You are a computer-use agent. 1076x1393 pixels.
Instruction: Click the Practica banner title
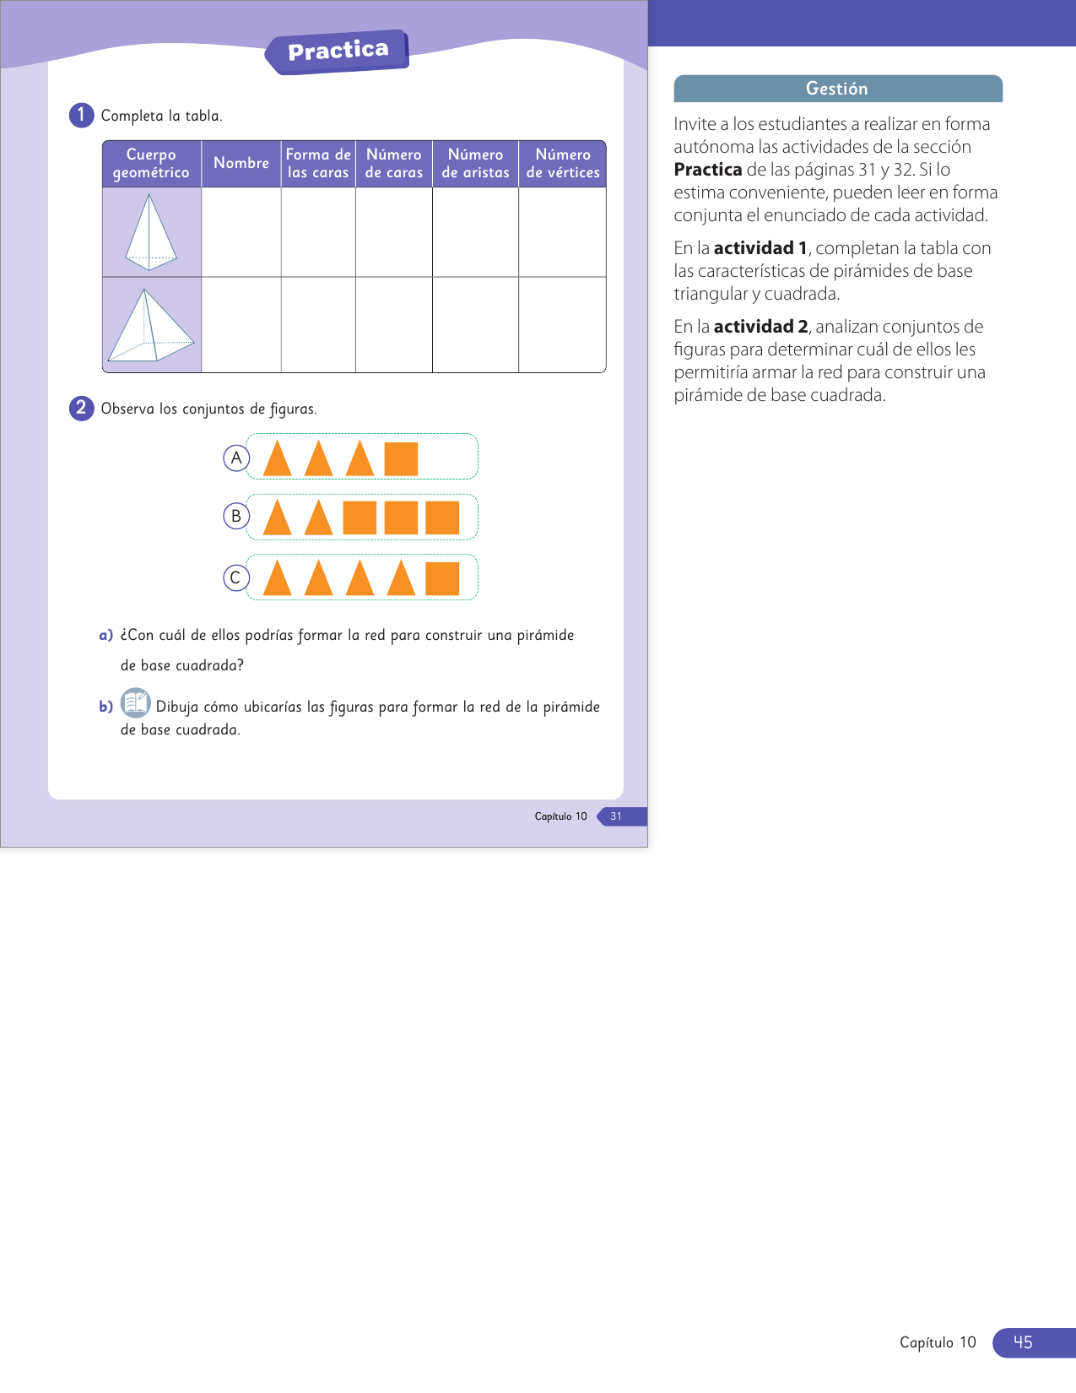pos(338,51)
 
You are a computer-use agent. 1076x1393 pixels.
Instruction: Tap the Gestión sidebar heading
pos(836,89)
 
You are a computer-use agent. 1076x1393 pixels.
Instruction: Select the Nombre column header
pos(241,163)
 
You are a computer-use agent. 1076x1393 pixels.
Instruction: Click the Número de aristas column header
pos(475,163)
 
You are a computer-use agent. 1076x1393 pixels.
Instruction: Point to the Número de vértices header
pos(562,163)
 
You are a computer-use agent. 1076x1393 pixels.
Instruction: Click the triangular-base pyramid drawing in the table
pos(150,232)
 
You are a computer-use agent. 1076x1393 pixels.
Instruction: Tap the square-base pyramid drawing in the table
pos(150,325)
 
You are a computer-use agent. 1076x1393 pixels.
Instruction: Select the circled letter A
pos(236,458)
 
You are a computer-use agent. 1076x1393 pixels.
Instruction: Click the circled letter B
pos(236,516)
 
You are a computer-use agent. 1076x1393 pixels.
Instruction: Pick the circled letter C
pos(236,577)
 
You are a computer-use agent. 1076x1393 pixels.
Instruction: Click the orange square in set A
pos(401,458)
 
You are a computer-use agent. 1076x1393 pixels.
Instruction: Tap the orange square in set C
pos(442,578)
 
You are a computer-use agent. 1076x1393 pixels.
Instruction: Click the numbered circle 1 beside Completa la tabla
pos(81,115)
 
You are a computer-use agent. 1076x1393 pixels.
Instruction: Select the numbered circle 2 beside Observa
pos(81,408)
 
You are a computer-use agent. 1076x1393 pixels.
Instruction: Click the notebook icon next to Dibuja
pos(135,702)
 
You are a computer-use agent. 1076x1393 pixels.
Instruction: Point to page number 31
pos(616,816)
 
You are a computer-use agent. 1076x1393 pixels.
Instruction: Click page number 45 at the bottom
pos(1023,1342)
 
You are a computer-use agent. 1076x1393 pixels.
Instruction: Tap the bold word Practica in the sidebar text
pos(707,170)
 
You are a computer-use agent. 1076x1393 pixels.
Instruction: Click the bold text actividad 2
pos(760,327)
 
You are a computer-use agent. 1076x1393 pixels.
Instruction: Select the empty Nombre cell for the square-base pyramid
pos(241,325)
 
